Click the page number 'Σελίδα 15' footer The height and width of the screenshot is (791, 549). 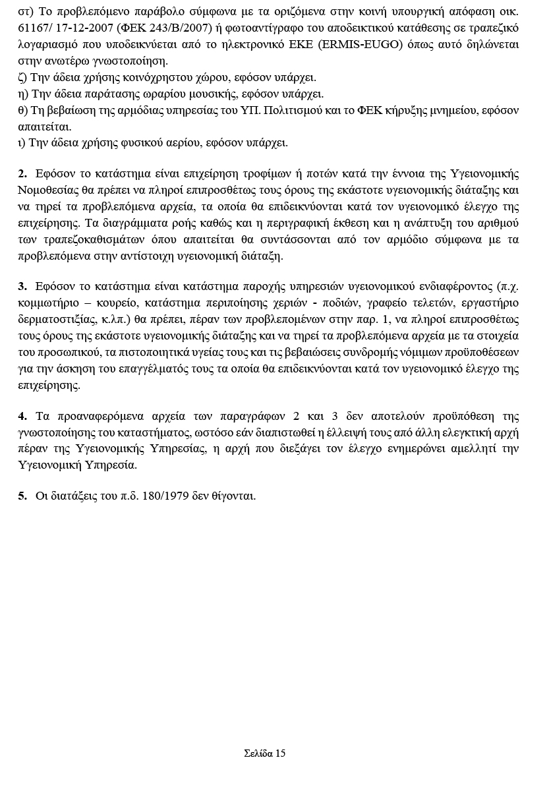(264, 753)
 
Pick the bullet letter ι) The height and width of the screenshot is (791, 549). (22, 142)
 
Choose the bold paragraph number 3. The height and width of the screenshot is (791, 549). (22, 286)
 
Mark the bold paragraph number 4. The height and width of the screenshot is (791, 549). (22, 416)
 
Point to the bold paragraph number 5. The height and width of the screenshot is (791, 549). (22, 496)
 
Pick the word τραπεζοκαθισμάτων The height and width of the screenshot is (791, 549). (93, 239)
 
